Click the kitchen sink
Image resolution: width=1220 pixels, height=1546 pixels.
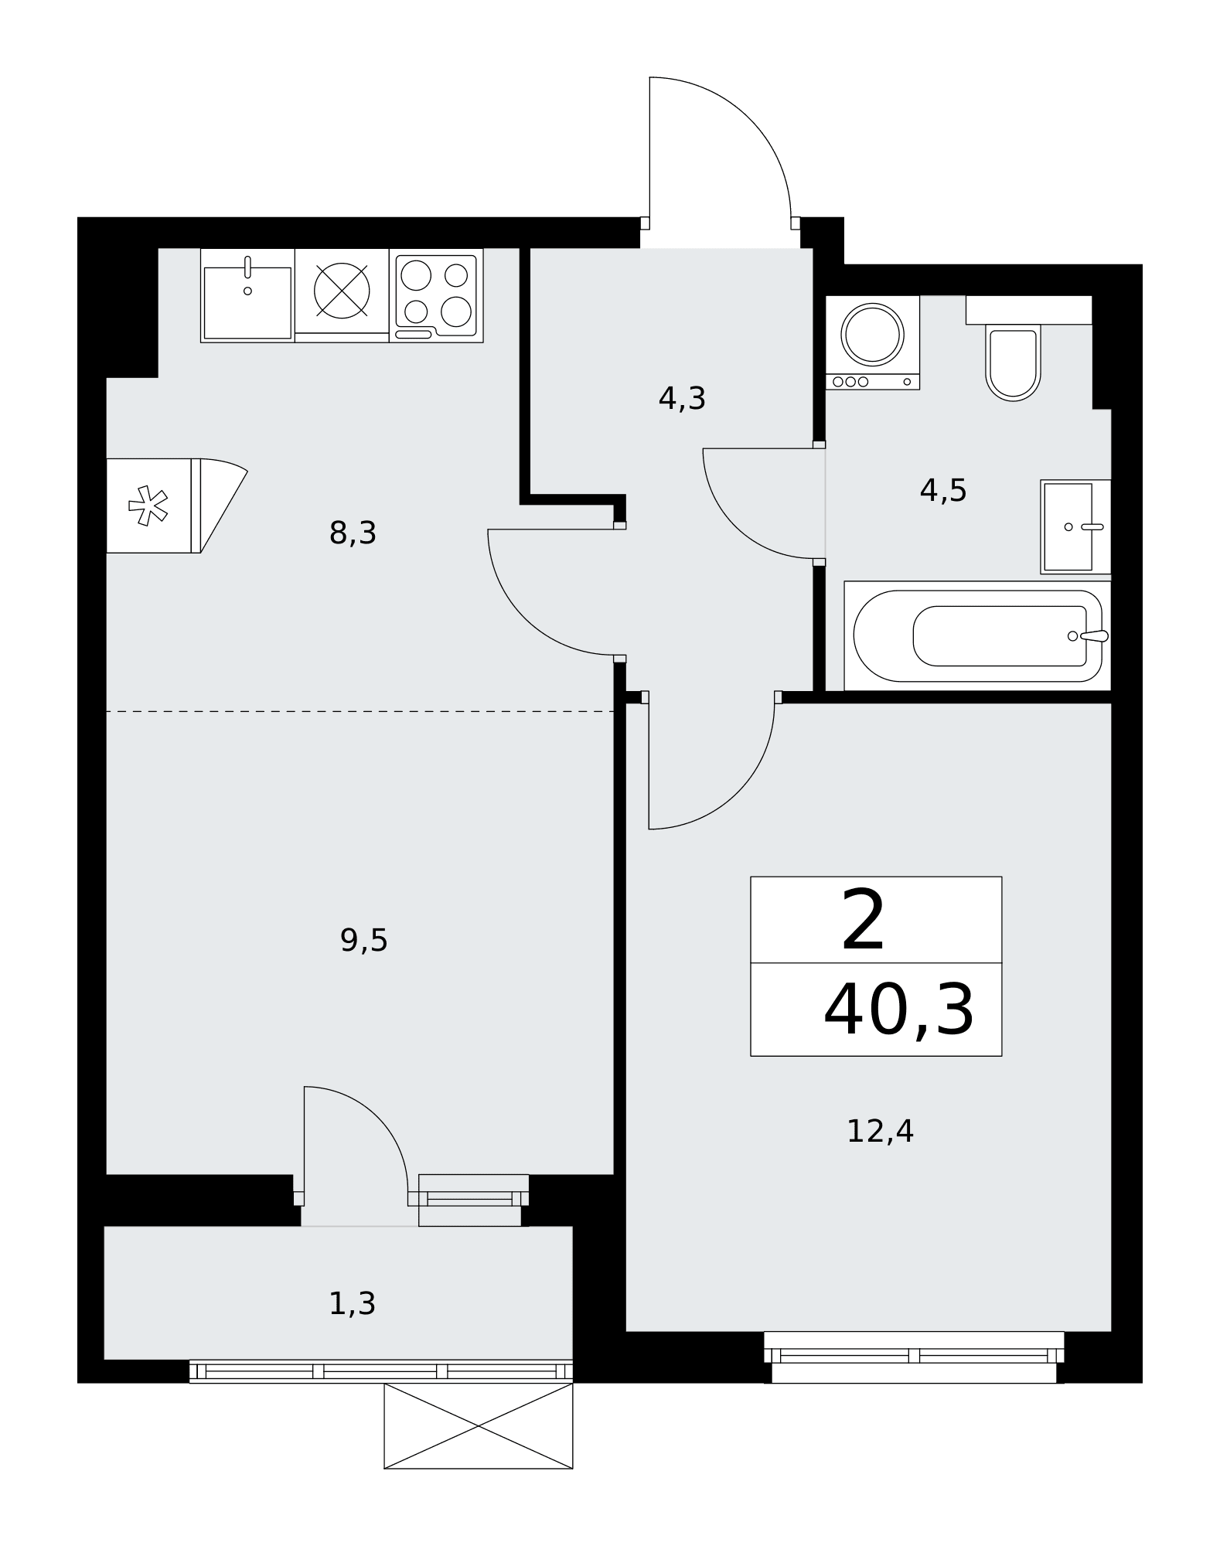tap(247, 295)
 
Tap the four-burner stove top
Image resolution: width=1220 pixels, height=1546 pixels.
tap(436, 295)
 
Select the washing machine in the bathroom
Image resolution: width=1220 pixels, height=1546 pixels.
tap(873, 342)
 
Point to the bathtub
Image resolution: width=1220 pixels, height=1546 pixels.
tap(978, 635)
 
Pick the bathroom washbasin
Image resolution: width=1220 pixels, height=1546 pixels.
tap(1076, 526)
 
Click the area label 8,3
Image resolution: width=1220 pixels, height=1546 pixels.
tap(353, 533)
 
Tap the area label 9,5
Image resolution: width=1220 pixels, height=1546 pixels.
tap(364, 941)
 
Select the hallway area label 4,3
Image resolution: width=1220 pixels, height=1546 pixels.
tap(682, 399)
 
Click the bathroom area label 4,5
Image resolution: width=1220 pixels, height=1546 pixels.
tap(943, 490)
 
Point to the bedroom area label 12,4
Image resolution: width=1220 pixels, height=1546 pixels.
tap(881, 1132)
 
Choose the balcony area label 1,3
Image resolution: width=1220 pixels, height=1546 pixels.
tap(353, 1304)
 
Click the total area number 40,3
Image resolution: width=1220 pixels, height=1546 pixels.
tap(899, 1010)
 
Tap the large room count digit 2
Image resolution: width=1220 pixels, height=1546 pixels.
tap(863, 920)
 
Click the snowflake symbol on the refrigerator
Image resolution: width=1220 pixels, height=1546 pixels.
tap(148, 506)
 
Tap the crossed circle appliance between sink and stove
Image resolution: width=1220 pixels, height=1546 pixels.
tap(342, 291)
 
